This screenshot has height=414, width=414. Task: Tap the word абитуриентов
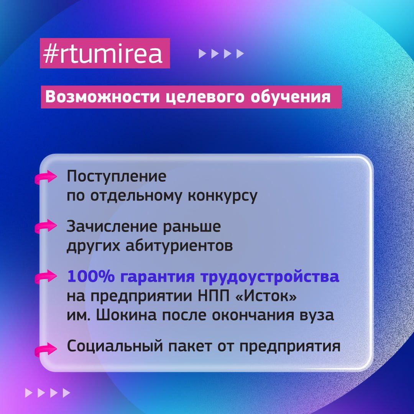pos(179,246)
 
